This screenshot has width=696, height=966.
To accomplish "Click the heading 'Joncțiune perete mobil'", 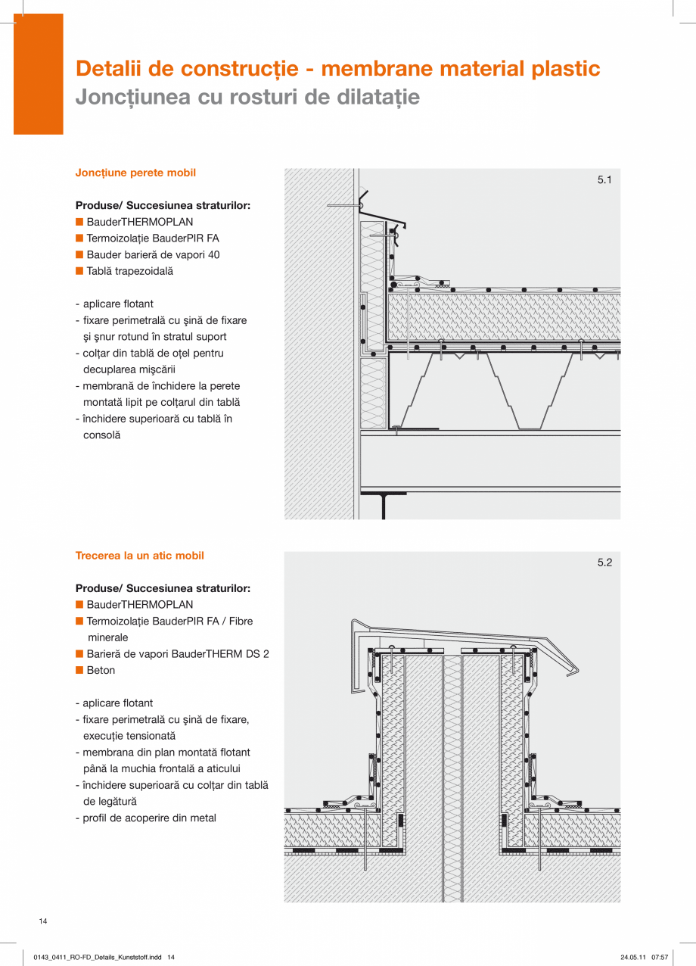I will pyautogui.click(x=135, y=173).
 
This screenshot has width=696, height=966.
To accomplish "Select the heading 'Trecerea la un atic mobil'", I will pyautogui.click(x=139, y=556).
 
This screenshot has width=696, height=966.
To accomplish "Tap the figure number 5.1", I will pyautogui.click(x=604, y=180).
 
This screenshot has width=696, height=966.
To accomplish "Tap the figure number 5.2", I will pyautogui.click(x=604, y=562).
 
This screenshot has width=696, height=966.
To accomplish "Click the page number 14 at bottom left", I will pyautogui.click(x=43, y=921).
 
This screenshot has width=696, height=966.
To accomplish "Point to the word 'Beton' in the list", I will pyautogui.click(x=101, y=671).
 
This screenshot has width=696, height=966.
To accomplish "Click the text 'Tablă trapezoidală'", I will pyautogui.click(x=129, y=271).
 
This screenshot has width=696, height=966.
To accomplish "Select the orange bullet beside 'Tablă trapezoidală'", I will pyautogui.click(x=79, y=271).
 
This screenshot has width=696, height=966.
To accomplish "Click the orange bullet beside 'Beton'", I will pyautogui.click(x=79, y=670).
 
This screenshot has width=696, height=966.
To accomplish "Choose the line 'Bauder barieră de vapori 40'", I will pyautogui.click(x=153, y=255).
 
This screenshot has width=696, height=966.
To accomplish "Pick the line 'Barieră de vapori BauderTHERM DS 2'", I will pyautogui.click(x=178, y=654).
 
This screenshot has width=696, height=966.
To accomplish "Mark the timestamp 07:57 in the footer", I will pyautogui.click(x=660, y=958).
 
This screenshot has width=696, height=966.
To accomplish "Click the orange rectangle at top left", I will pyautogui.click(x=38, y=73).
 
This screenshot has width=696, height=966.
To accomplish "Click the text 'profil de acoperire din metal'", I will pyautogui.click(x=149, y=818).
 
